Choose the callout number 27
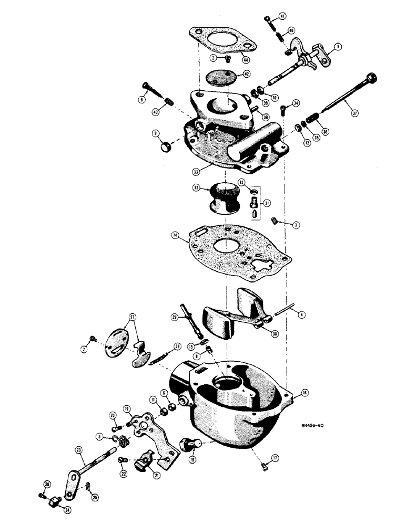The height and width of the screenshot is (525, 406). point(132,318)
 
